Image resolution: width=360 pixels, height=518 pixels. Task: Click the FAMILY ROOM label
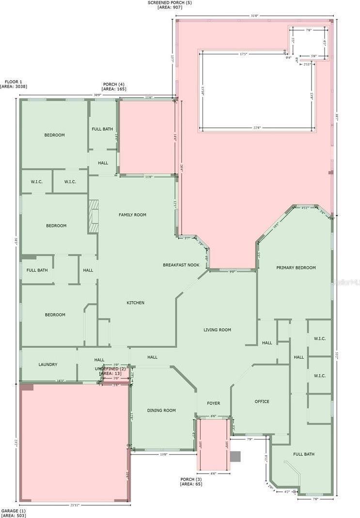click(133, 214)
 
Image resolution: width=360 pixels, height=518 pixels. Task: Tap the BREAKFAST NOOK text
click(181, 265)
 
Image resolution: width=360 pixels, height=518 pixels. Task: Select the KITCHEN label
click(136, 303)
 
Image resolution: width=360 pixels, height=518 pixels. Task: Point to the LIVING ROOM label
click(217, 330)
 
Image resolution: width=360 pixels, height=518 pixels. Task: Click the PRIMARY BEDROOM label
click(296, 268)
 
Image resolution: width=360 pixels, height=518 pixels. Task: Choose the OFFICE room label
click(262, 401)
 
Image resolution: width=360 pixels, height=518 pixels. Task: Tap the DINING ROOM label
click(161, 411)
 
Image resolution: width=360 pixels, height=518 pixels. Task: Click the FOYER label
click(213, 403)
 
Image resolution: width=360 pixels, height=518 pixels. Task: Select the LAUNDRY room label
click(48, 365)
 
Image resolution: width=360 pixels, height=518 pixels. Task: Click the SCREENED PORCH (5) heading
click(169, 3)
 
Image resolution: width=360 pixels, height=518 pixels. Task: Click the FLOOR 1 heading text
click(13, 82)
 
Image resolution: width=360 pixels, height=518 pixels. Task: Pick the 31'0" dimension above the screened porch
click(254, 16)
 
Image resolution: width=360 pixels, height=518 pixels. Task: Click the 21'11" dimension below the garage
click(75, 505)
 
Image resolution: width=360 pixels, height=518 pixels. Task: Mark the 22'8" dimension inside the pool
click(256, 128)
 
